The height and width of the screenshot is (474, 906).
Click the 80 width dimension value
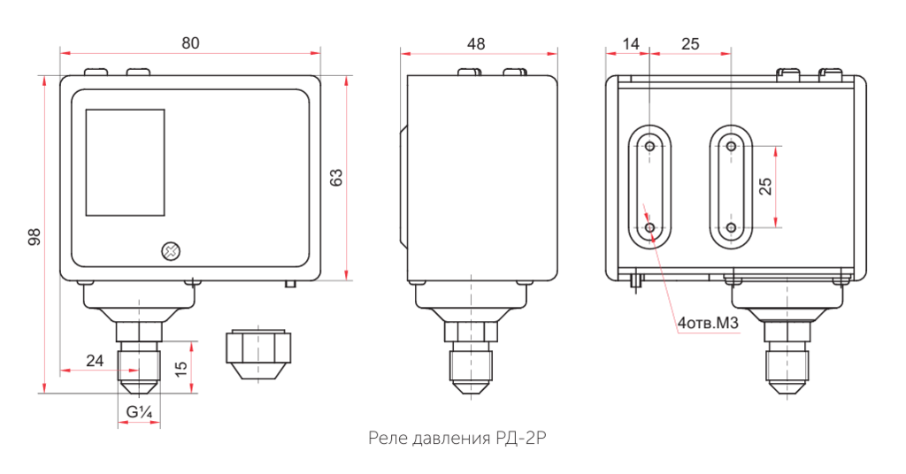(x=190, y=42)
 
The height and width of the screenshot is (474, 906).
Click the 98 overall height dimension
(x=34, y=236)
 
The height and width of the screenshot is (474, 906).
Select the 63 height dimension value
(x=335, y=177)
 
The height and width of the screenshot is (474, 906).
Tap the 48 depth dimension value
(x=476, y=43)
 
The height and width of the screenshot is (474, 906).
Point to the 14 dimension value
(x=630, y=43)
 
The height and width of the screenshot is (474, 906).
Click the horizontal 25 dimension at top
(x=691, y=43)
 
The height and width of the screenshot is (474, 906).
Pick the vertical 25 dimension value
(x=765, y=186)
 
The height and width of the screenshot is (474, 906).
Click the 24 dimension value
(x=95, y=360)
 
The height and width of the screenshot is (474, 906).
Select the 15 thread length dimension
(x=181, y=368)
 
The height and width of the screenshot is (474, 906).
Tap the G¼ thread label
(x=140, y=411)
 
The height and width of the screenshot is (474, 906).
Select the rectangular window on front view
(x=125, y=163)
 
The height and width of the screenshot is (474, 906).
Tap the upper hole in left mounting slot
(x=650, y=146)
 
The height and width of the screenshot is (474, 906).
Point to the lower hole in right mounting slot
(x=731, y=227)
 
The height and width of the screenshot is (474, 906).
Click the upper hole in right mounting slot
(x=731, y=146)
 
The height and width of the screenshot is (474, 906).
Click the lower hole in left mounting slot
(x=650, y=227)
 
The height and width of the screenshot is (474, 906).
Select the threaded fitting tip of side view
(x=472, y=376)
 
